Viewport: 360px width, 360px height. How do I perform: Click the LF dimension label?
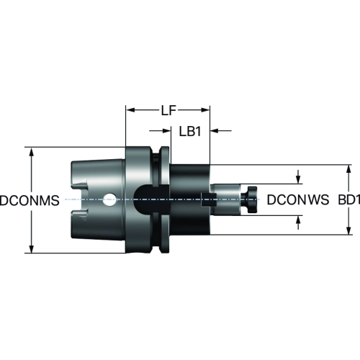point(168,111)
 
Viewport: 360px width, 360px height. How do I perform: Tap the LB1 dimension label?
point(190,131)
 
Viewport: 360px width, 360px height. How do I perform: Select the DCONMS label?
point(30,200)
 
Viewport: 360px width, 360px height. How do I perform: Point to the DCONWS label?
point(298,200)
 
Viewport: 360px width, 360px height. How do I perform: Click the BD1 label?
point(349,200)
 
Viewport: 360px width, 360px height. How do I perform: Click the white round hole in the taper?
point(109,199)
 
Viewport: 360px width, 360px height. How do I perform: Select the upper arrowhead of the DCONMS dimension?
point(32,152)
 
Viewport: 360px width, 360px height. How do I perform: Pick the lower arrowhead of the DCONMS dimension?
point(32,248)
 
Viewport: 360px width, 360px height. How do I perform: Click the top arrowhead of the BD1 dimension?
point(348,170)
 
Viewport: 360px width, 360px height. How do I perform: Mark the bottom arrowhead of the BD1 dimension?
point(348,230)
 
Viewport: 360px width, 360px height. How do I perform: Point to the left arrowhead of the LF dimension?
point(131,110)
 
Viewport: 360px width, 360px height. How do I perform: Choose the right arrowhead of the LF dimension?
point(205,110)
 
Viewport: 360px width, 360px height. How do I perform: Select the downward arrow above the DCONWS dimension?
point(298,177)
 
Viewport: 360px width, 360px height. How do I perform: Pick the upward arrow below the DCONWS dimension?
point(298,222)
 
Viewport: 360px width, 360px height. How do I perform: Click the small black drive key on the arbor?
point(208,199)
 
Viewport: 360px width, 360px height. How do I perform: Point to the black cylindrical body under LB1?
point(189,199)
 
